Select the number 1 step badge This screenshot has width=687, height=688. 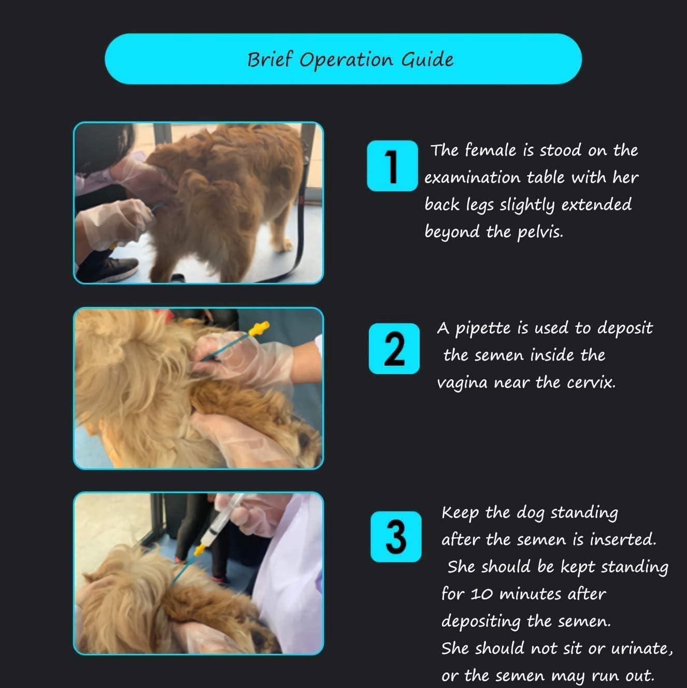[x=392, y=166]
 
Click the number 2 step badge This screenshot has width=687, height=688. [x=394, y=348]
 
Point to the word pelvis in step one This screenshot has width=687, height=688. [x=539, y=232]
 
